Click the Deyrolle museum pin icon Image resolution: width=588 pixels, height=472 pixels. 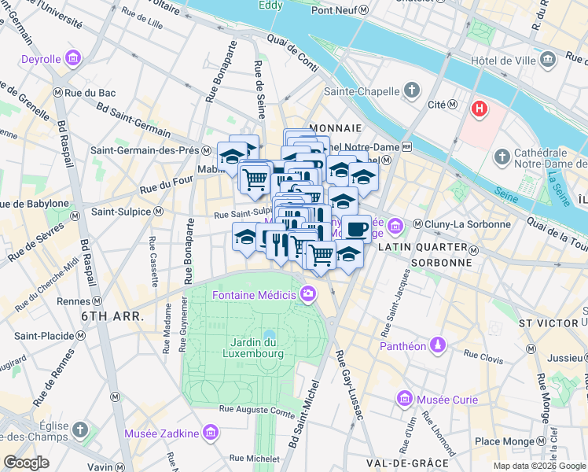(x=73, y=59)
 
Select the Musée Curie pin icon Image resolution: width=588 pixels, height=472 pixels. (x=405, y=400)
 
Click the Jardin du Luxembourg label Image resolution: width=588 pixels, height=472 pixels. (x=257, y=348)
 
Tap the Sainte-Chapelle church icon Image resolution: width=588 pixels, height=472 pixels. (x=411, y=91)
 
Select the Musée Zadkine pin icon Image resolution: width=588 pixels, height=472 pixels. (x=210, y=433)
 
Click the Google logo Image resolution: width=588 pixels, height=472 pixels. (x=27, y=463)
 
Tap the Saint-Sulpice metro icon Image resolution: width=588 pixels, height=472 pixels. (x=158, y=211)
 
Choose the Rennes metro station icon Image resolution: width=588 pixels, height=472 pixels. (x=97, y=301)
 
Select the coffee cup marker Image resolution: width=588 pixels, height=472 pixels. (x=357, y=228)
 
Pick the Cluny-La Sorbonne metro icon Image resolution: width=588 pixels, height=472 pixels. (x=418, y=224)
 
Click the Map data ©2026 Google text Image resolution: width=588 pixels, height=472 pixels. (x=538, y=465)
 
